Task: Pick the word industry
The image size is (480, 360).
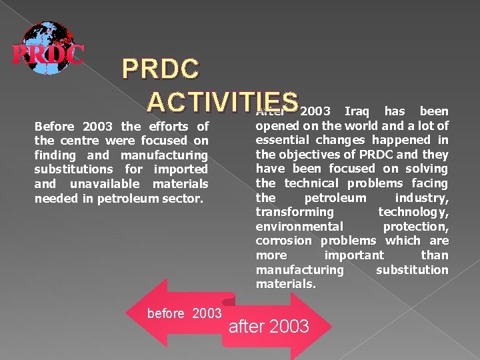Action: point(421,198)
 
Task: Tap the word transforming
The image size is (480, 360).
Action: point(294,212)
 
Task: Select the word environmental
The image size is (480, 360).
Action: point(299,227)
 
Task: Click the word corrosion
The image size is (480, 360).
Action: point(283,241)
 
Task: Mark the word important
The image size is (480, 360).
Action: point(353,255)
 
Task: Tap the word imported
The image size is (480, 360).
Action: point(181,169)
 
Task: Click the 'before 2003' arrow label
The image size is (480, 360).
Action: point(184,313)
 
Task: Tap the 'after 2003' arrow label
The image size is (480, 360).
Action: point(269,326)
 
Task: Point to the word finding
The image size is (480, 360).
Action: point(55,155)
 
